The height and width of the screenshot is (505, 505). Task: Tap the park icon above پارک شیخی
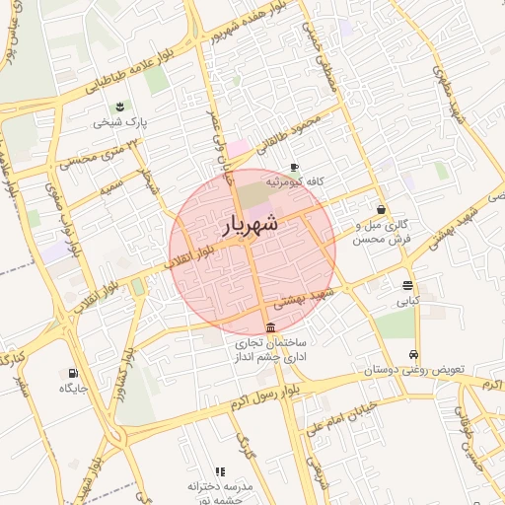(119, 107)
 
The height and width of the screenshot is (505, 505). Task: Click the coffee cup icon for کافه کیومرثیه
(293, 168)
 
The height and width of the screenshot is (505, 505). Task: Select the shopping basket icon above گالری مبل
(381, 209)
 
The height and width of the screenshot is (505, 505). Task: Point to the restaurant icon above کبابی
(407, 286)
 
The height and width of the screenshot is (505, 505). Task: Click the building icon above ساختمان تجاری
(270, 328)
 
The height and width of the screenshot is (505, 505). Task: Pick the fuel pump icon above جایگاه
(72, 373)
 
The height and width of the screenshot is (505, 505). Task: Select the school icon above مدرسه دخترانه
(220, 472)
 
